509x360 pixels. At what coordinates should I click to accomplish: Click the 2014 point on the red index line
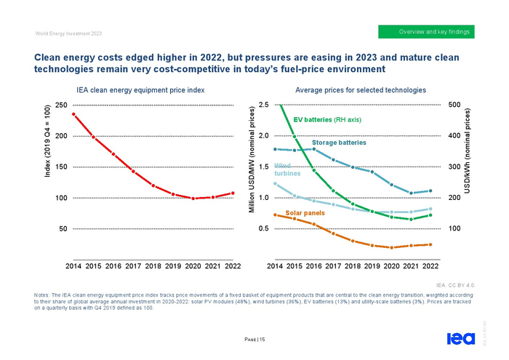pyautogui.click(x=73, y=114)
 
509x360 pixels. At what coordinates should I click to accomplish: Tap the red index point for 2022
pyautogui.click(x=233, y=193)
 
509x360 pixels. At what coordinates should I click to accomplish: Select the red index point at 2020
pyautogui.click(x=193, y=198)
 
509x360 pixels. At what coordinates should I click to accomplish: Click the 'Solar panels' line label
pyautogui.click(x=305, y=213)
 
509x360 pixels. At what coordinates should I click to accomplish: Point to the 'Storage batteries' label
pyautogui.click(x=339, y=143)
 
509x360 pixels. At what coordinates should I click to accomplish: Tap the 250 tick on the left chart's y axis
pyautogui.click(x=62, y=105)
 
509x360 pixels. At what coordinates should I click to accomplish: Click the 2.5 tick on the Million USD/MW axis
pyautogui.click(x=263, y=105)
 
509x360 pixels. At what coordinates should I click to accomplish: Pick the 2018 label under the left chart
pyautogui.click(x=153, y=267)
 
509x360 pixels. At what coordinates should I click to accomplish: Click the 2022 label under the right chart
pyautogui.click(x=430, y=267)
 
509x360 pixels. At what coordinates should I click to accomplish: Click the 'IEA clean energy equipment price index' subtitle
pyautogui.click(x=140, y=90)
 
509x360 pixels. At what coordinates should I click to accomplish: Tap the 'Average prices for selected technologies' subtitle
pyautogui.click(x=361, y=90)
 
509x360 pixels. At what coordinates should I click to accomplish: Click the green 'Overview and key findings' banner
pyautogui.click(x=426, y=32)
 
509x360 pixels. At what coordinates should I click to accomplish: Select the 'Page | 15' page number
pyautogui.click(x=254, y=340)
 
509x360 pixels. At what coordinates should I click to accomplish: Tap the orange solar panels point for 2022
pyautogui.click(x=430, y=244)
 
